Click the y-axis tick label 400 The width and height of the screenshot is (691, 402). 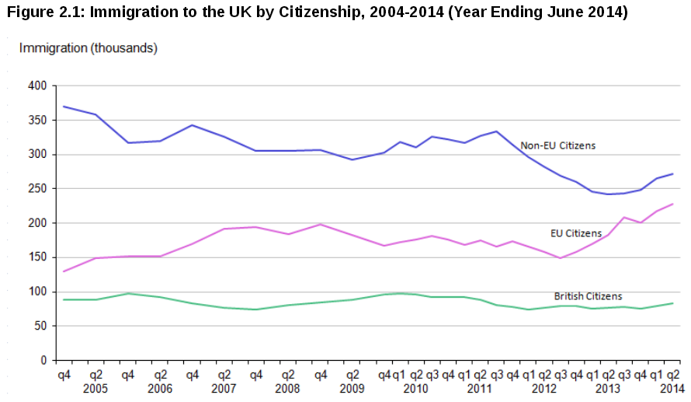36,86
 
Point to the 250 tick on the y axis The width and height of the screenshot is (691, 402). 36,189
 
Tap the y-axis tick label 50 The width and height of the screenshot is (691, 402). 40,327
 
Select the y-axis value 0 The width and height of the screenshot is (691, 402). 43,361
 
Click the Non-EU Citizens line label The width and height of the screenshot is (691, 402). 557,145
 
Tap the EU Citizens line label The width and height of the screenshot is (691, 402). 575,233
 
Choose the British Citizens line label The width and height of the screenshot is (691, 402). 588,296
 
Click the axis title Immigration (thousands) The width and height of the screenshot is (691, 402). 89,48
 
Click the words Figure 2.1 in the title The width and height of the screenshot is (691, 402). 43,13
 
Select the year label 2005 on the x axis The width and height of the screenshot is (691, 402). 95,387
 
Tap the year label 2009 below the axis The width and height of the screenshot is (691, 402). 352,387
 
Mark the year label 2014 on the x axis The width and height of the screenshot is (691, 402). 672,387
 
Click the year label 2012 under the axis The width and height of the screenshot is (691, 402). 544,387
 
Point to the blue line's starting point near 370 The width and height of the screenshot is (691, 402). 64,107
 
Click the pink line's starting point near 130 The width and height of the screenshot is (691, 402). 64,271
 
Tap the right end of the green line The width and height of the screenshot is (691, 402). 672,303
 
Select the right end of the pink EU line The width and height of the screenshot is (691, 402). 672,204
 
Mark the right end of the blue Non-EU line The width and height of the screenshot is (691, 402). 672,173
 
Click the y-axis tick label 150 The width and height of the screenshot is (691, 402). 36,258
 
